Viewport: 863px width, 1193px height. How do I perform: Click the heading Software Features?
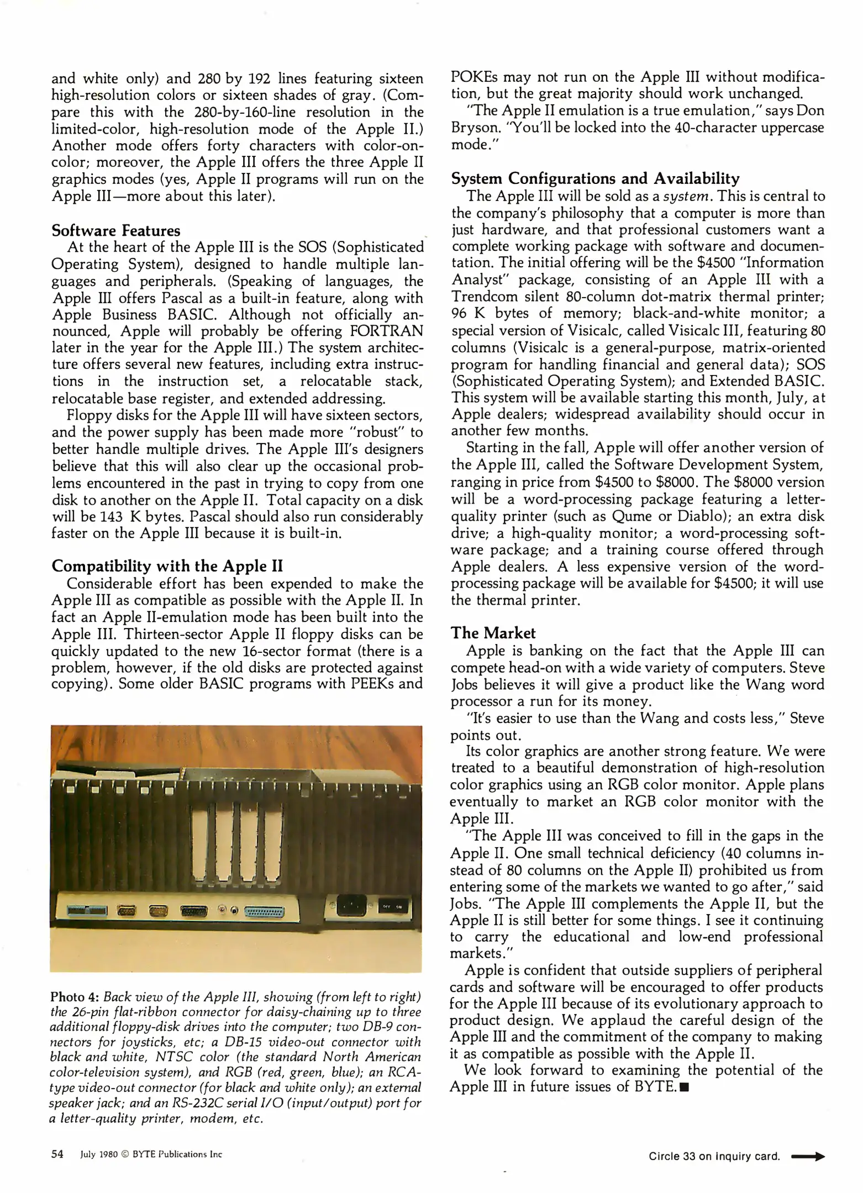pos(116,230)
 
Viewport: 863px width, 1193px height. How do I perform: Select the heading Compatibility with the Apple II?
pos(167,566)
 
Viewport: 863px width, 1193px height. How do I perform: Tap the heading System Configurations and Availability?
pos(595,178)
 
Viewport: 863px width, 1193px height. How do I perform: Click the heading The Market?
pos(493,633)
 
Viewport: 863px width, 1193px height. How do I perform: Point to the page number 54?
pos(57,1154)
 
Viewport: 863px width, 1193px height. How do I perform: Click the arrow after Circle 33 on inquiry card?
pos(808,1156)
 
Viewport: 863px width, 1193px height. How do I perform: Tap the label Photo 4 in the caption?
pos(74,997)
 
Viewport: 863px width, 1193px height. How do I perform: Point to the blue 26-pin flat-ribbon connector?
pos(87,910)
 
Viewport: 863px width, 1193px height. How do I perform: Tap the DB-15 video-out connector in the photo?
pos(194,911)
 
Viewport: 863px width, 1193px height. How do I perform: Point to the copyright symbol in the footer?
pos(124,1154)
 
